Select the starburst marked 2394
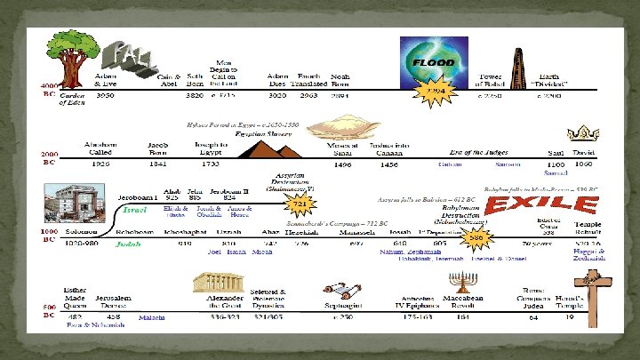click(x=430, y=92)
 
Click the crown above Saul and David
click(x=583, y=136)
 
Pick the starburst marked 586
click(x=476, y=239)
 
